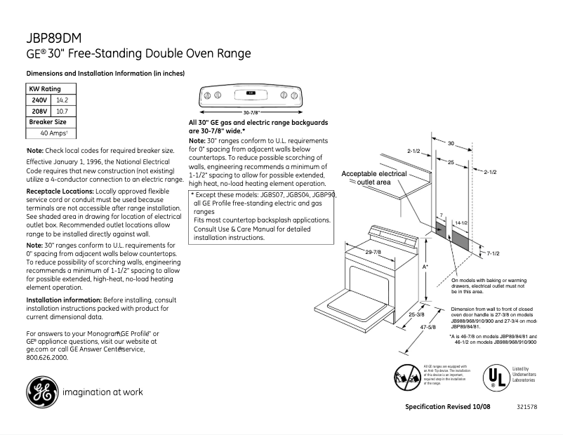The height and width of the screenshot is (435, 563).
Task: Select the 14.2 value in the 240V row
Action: pos(61,100)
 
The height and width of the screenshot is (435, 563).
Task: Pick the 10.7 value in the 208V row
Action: pos(61,112)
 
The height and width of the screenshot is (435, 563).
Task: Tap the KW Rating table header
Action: pos(45,89)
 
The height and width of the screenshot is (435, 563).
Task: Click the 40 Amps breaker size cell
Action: pos(53,133)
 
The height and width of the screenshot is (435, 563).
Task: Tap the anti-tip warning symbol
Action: pos(406,377)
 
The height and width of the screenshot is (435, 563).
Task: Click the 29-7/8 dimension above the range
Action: pos(373,252)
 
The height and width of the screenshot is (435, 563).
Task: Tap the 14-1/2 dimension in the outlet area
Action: pos(461,222)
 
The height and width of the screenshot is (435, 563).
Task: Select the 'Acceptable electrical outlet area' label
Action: pos(373,178)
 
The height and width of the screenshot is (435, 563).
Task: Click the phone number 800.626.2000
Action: pos(46,357)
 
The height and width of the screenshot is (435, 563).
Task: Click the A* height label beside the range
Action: pos(425,267)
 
